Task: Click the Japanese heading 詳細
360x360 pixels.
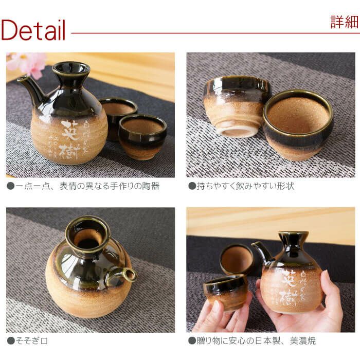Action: point(344,22)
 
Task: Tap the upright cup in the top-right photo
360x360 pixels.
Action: point(298,123)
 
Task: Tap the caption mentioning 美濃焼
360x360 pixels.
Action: point(252,340)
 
